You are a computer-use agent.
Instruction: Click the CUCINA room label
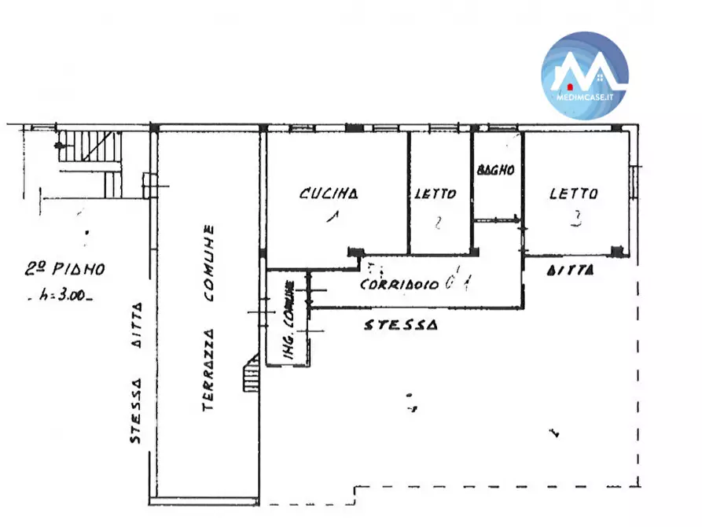click(x=329, y=193)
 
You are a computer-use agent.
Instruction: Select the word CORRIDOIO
click(x=399, y=285)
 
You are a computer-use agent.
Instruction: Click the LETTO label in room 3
click(x=573, y=193)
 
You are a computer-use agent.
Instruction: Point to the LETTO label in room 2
click(x=437, y=193)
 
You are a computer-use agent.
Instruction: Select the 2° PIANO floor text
click(x=64, y=269)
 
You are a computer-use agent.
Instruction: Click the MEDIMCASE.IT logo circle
click(x=585, y=76)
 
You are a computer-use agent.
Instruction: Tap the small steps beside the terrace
click(x=250, y=373)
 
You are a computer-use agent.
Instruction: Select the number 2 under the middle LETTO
click(x=438, y=223)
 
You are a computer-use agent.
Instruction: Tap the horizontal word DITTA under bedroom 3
click(x=572, y=270)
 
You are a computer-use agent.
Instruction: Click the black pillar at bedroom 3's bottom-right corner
click(x=617, y=252)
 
